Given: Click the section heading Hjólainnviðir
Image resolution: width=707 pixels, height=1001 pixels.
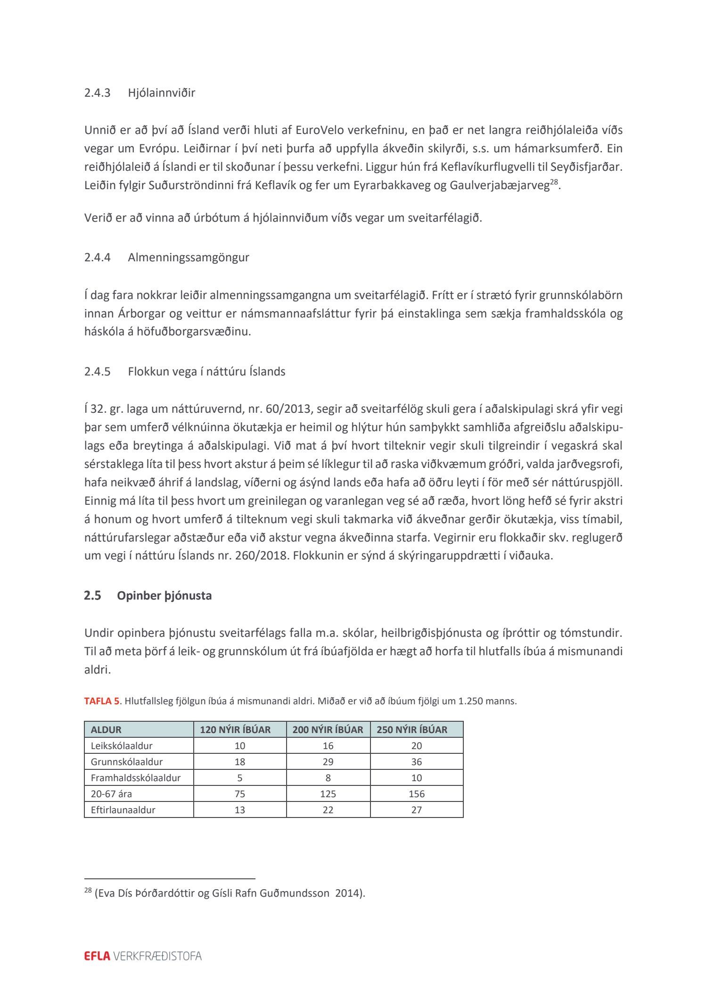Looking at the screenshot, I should click(161, 92).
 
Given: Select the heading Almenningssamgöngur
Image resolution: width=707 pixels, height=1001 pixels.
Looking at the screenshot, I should click(188, 258).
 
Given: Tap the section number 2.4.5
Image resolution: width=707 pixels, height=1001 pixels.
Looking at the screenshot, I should click(97, 372).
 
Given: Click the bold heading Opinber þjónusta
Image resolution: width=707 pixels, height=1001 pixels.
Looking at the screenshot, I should click(164, 596).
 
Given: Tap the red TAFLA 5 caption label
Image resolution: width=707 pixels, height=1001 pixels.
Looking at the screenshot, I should click(101, 701).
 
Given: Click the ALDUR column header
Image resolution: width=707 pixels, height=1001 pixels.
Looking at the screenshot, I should click(106, 730).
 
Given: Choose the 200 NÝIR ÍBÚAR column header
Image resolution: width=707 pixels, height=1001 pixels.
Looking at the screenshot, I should click(328, 730).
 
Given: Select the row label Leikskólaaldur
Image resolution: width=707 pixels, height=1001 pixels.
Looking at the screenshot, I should click(122, 746).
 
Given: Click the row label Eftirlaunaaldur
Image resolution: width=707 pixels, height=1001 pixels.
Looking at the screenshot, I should click(123, 810).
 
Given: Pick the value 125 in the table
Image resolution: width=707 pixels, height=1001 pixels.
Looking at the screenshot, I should click(328, 794).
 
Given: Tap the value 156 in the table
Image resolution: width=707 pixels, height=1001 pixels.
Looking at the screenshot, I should click(417, 794).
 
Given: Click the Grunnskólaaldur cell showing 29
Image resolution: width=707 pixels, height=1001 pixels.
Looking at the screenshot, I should click(328, 762).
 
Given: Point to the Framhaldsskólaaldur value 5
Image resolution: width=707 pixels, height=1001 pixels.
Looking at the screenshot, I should click(240, 778).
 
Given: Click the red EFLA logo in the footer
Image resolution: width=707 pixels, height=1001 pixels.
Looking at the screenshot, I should click(97, 956).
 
